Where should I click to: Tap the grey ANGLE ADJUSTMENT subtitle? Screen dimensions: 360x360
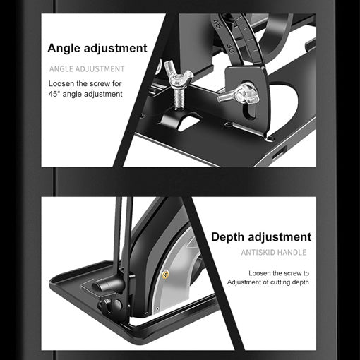pos(87,69)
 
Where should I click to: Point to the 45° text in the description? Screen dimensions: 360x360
pos(56,95)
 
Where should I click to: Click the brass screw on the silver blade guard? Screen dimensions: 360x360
pos(167,274)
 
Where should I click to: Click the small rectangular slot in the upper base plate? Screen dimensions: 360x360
pos(280,150)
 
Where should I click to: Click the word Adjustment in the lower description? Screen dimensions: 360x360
pos(248,282)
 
